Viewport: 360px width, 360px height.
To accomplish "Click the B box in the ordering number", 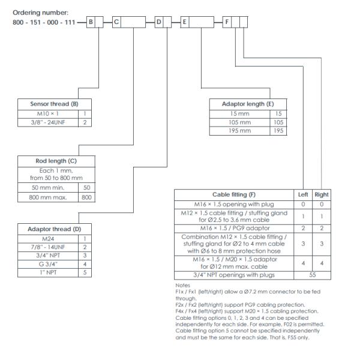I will point(92,22).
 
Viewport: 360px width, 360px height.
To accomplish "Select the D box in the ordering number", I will point(160,22).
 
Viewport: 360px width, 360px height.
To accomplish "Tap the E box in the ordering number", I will point(185,22).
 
